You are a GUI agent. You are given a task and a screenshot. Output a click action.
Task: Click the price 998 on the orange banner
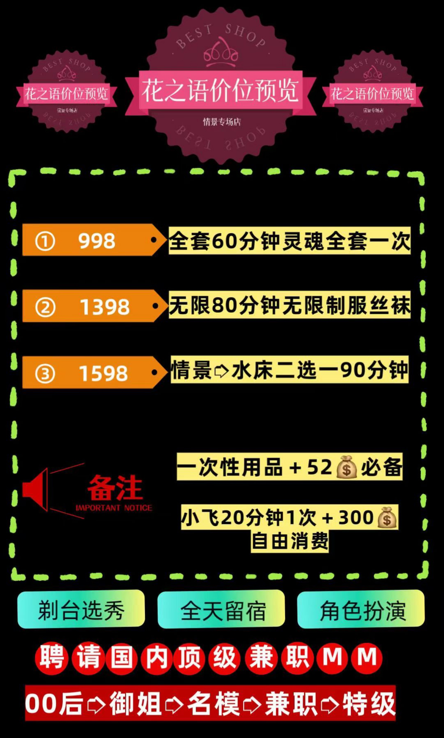tap(97, 241)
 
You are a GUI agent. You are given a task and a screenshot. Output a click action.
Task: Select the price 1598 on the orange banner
tap(103, 373)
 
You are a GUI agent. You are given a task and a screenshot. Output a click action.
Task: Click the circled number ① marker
tap(45, 241)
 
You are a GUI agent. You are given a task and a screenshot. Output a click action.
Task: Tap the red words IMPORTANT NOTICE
tap(114, 508)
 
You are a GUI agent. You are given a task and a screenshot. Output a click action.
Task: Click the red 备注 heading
tap(115, 488)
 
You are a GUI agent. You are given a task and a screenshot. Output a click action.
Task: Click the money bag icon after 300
tap(387, 518)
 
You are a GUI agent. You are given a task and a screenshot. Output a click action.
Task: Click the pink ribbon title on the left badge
tap(66, 94)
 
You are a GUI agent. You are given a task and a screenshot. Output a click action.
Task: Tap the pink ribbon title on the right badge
tap(372, 94)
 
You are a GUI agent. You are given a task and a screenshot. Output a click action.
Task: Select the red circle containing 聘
tap(52, 658)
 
